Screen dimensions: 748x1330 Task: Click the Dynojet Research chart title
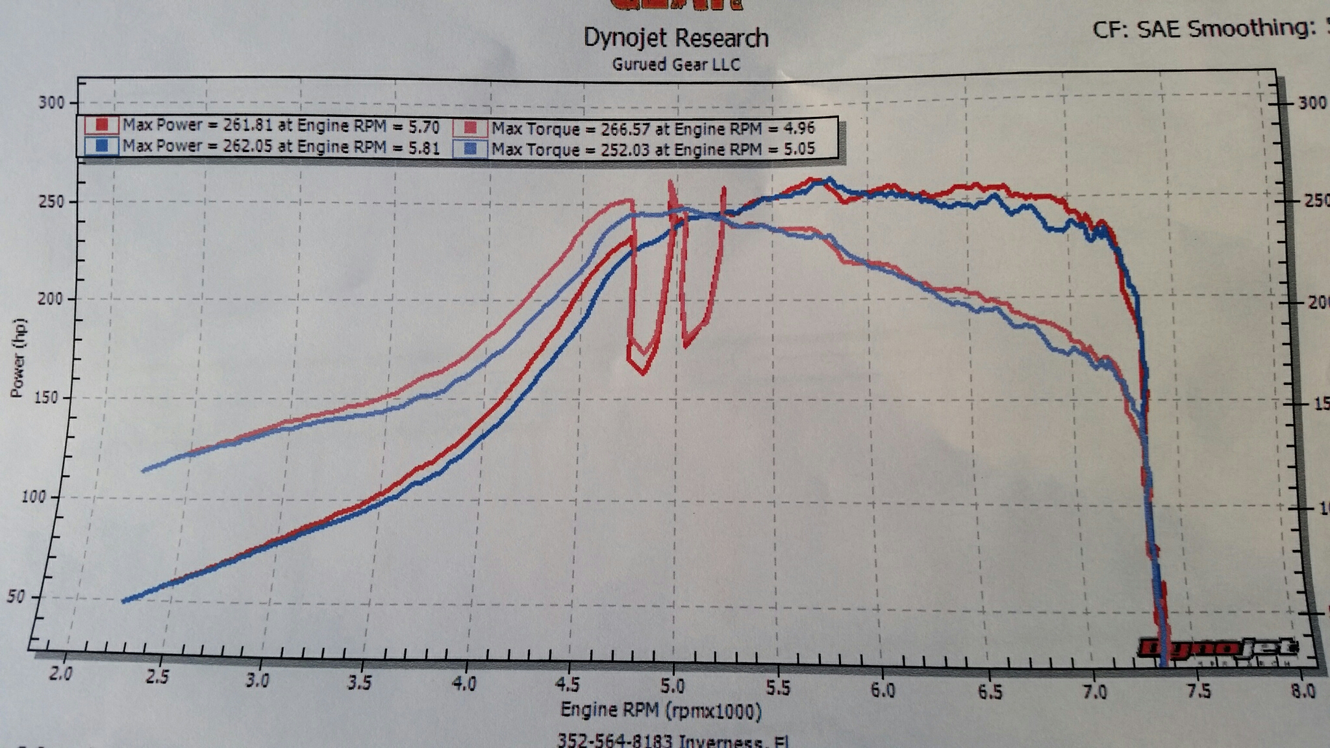[675, 38]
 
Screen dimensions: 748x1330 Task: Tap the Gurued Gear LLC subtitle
[675, 64]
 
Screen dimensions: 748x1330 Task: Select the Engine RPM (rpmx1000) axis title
[660, 710]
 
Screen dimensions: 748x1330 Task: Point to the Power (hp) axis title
[18, 357]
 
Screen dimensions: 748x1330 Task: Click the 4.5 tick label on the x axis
[567, 684]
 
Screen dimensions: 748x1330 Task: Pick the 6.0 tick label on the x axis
[882, 689]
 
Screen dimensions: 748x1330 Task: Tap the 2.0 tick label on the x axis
[60, 673]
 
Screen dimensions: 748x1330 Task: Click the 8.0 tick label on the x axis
[1303, 690]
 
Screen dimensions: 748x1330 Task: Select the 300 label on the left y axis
[51, 103]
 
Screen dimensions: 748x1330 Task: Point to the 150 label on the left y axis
[45, 397]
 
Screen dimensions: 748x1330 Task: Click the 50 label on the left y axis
[16, 596]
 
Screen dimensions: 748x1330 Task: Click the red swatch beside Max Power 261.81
[101, 125]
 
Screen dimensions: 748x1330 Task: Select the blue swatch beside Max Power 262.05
[101, 145]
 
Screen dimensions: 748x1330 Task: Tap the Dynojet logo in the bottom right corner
[1218, 647]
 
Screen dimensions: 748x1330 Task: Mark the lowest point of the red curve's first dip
[643, 374]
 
